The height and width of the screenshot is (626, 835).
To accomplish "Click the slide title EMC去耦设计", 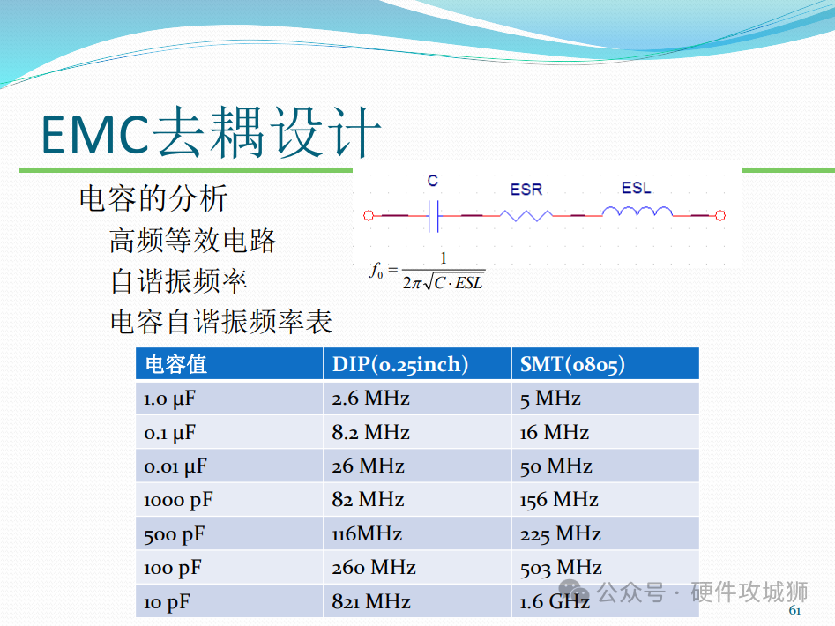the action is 212,132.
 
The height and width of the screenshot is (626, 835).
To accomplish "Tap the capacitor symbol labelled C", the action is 434,216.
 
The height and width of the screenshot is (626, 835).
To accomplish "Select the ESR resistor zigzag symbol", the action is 526,216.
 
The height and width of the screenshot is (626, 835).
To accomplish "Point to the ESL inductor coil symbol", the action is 637,212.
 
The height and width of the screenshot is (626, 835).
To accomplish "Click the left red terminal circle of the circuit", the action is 368,216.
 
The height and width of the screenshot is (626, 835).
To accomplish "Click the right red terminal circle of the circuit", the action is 720,216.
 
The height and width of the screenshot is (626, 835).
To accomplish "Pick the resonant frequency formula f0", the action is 427,272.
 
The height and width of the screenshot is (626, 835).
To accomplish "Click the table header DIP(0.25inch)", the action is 400,364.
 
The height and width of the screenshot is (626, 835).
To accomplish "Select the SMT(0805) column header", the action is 572,364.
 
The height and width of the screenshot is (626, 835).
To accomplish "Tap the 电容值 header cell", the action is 175,365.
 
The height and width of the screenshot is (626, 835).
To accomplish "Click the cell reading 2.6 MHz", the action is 370,399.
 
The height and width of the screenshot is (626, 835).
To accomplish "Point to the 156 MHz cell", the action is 559,500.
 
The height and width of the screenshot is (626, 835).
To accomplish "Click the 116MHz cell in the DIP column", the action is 367,534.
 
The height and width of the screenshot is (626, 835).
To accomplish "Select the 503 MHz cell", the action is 561,568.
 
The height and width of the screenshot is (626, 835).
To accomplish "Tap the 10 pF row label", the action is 167,602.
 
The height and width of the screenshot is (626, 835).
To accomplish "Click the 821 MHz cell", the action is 371,601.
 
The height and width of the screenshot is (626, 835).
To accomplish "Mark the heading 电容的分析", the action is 153,198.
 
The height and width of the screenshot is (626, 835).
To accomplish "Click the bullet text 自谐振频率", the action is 179,281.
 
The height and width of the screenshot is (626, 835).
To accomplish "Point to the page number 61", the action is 794,610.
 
